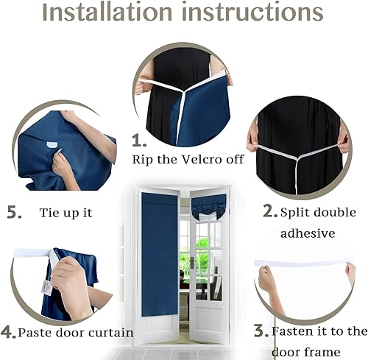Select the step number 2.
coord(269,211)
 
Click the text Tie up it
coord(67,213)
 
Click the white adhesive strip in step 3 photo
coord(302,263)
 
